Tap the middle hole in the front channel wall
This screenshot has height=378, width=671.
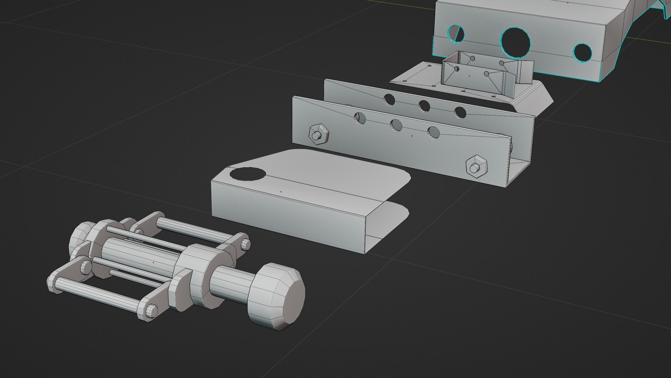(396, 125)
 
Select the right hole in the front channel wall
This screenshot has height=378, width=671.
(433, 132)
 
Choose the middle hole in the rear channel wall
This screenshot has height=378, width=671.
(424, 106)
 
